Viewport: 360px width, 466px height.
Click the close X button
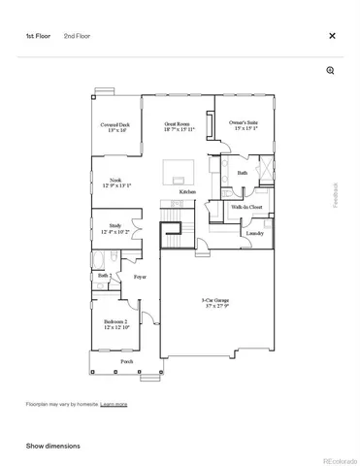pos(332,36)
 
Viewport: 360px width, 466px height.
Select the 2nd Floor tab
pos(78,36)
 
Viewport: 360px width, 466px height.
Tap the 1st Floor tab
pos(37,36)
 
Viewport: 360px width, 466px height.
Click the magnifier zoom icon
pos(331,71)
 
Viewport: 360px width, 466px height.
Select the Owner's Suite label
pos(243,126)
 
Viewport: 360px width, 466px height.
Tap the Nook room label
pos(115,183)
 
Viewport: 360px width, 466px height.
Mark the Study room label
pos(115,229)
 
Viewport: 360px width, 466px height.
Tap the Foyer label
pos(140,277)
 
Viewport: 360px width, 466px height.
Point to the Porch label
pos(127,361)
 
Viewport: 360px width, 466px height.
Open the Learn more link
pos(114,404)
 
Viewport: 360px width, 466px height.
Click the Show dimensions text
pos(53,446)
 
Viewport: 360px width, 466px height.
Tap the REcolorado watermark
pos(339,460)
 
